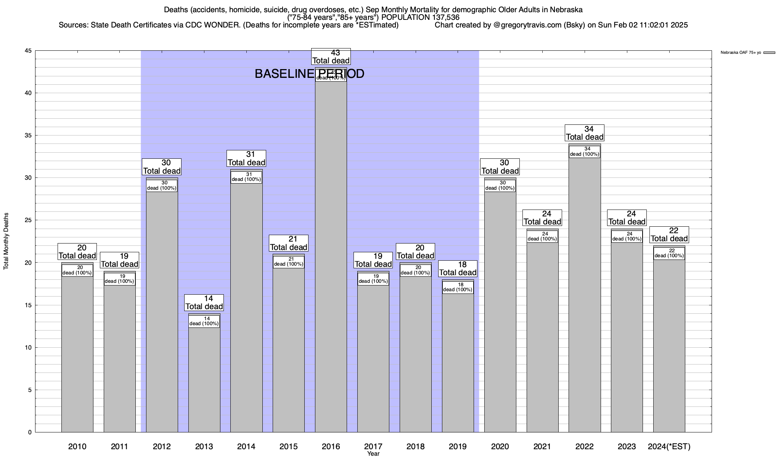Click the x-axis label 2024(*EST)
(669, 446)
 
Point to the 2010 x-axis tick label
(77, 446)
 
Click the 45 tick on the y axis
(28, 51)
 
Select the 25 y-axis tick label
(28, 220)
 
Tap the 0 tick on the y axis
(29, 432)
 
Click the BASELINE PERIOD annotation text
(309, 74)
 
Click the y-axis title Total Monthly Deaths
(6, 241)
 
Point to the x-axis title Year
(373, 453)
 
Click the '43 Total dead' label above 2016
(331, 56)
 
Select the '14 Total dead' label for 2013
(204, 302)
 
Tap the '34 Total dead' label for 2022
(584, 133)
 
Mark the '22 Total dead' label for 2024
(669, 234)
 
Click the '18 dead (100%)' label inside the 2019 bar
(458, 287)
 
